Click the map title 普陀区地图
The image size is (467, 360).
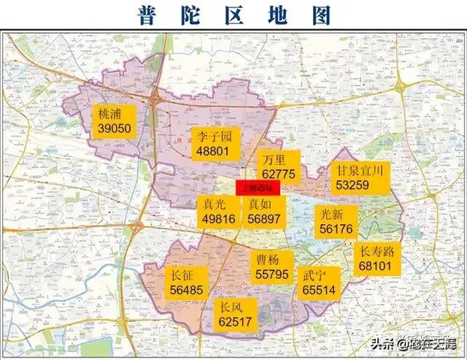point(234,14)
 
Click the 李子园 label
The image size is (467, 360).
point(215,137)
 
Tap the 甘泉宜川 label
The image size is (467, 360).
point(360,170)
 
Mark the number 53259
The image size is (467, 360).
point(353,185)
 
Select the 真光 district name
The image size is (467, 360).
point(214,204)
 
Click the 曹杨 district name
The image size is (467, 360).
point(269,260)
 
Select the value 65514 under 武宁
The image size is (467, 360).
point(319,290)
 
